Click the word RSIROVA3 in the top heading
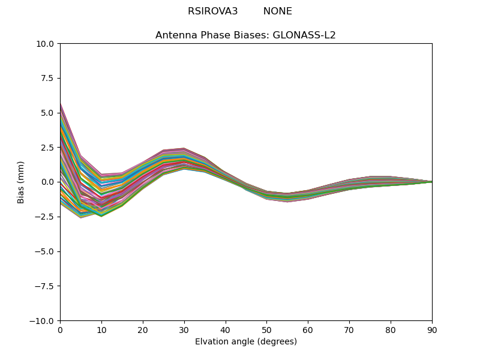pos(212,11)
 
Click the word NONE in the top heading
pos(277,11)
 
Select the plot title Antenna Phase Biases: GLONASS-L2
pos(245,35)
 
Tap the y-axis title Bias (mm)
pos(21,182)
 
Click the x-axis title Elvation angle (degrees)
pos(245,342)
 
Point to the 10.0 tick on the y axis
pos(47,44)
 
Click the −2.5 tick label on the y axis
pos(46,217)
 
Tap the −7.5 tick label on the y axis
pos(46,286)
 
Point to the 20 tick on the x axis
pos(143,330)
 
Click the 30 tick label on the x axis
pos(184,330)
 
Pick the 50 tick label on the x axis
pos(266,330)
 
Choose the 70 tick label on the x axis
pos(349,330)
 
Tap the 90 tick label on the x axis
pos(431,330)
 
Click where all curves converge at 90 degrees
pos(431,182)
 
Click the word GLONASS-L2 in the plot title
pos(304,35)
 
